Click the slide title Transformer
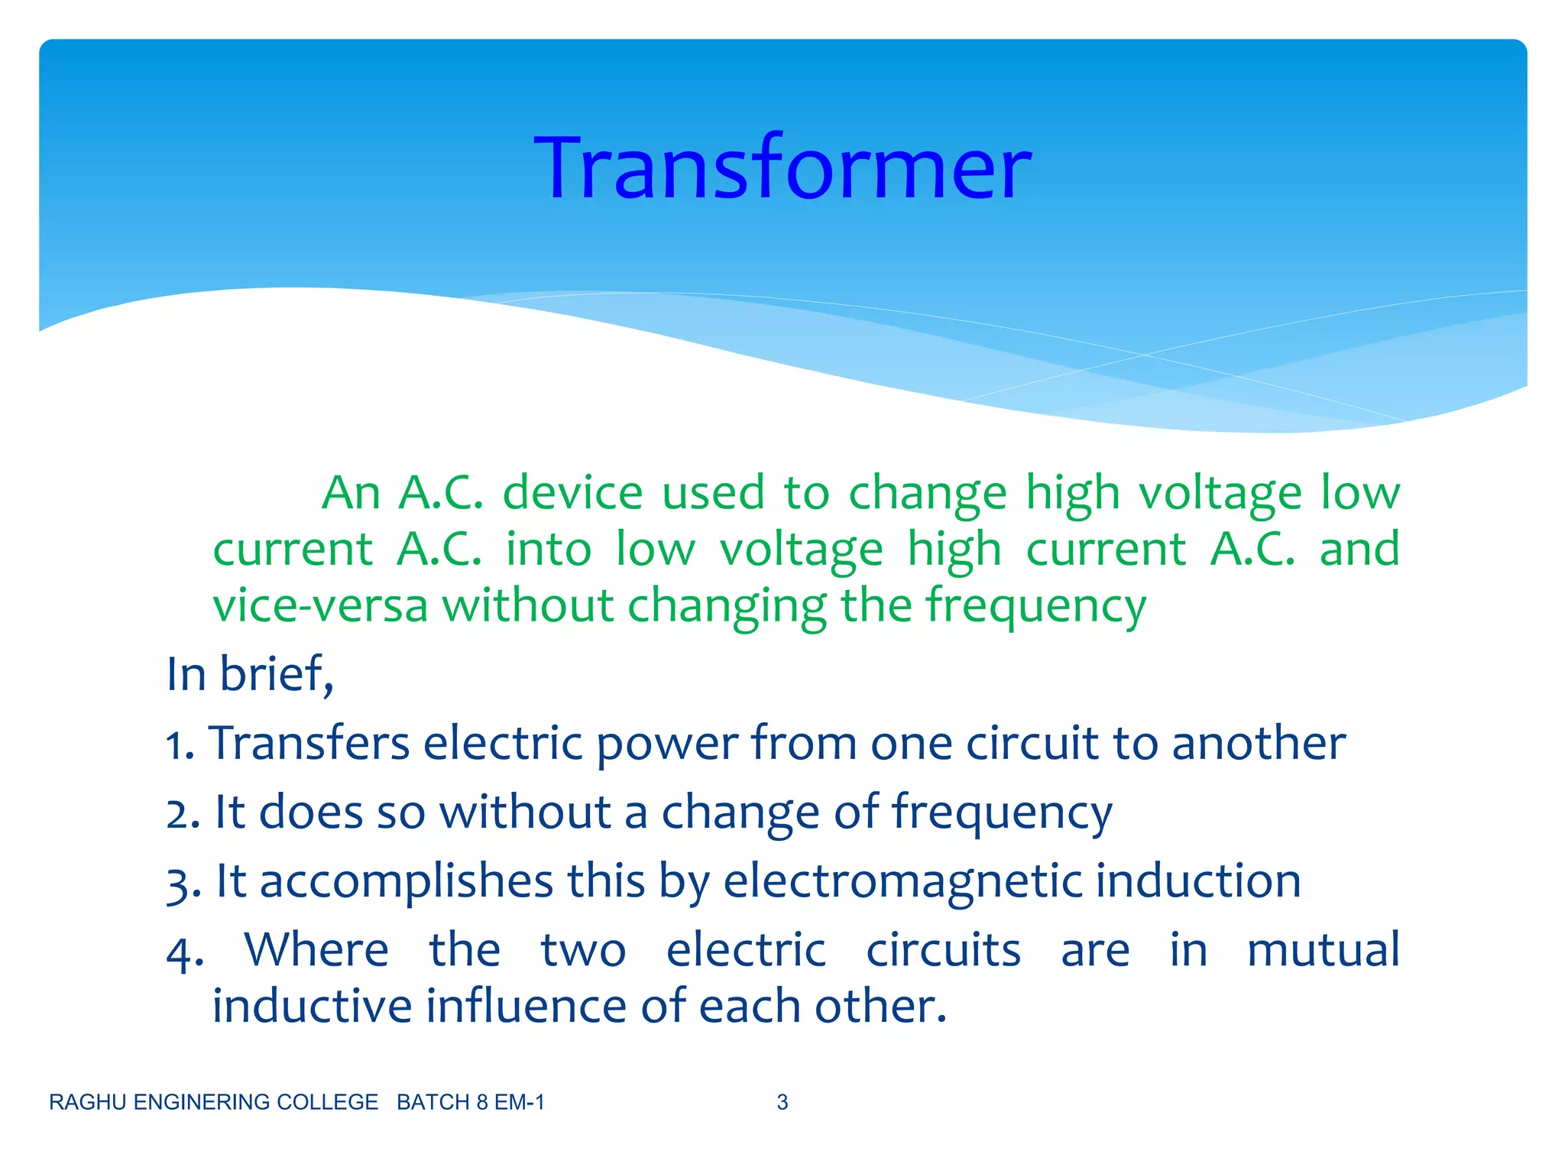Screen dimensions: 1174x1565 click(782, 168)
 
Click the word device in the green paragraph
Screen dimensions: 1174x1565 click(572, 492)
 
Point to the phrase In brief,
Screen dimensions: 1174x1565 click(250, 674)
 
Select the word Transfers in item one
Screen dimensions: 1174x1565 click(309, 743)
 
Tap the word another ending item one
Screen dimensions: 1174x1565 click(1259, 743)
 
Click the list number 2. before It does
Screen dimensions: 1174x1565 click(183, 813)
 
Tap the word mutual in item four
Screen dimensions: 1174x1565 click(1324, 950)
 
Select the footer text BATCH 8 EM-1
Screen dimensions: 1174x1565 click(471, 1102)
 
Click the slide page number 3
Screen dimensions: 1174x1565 click(782, 1102)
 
